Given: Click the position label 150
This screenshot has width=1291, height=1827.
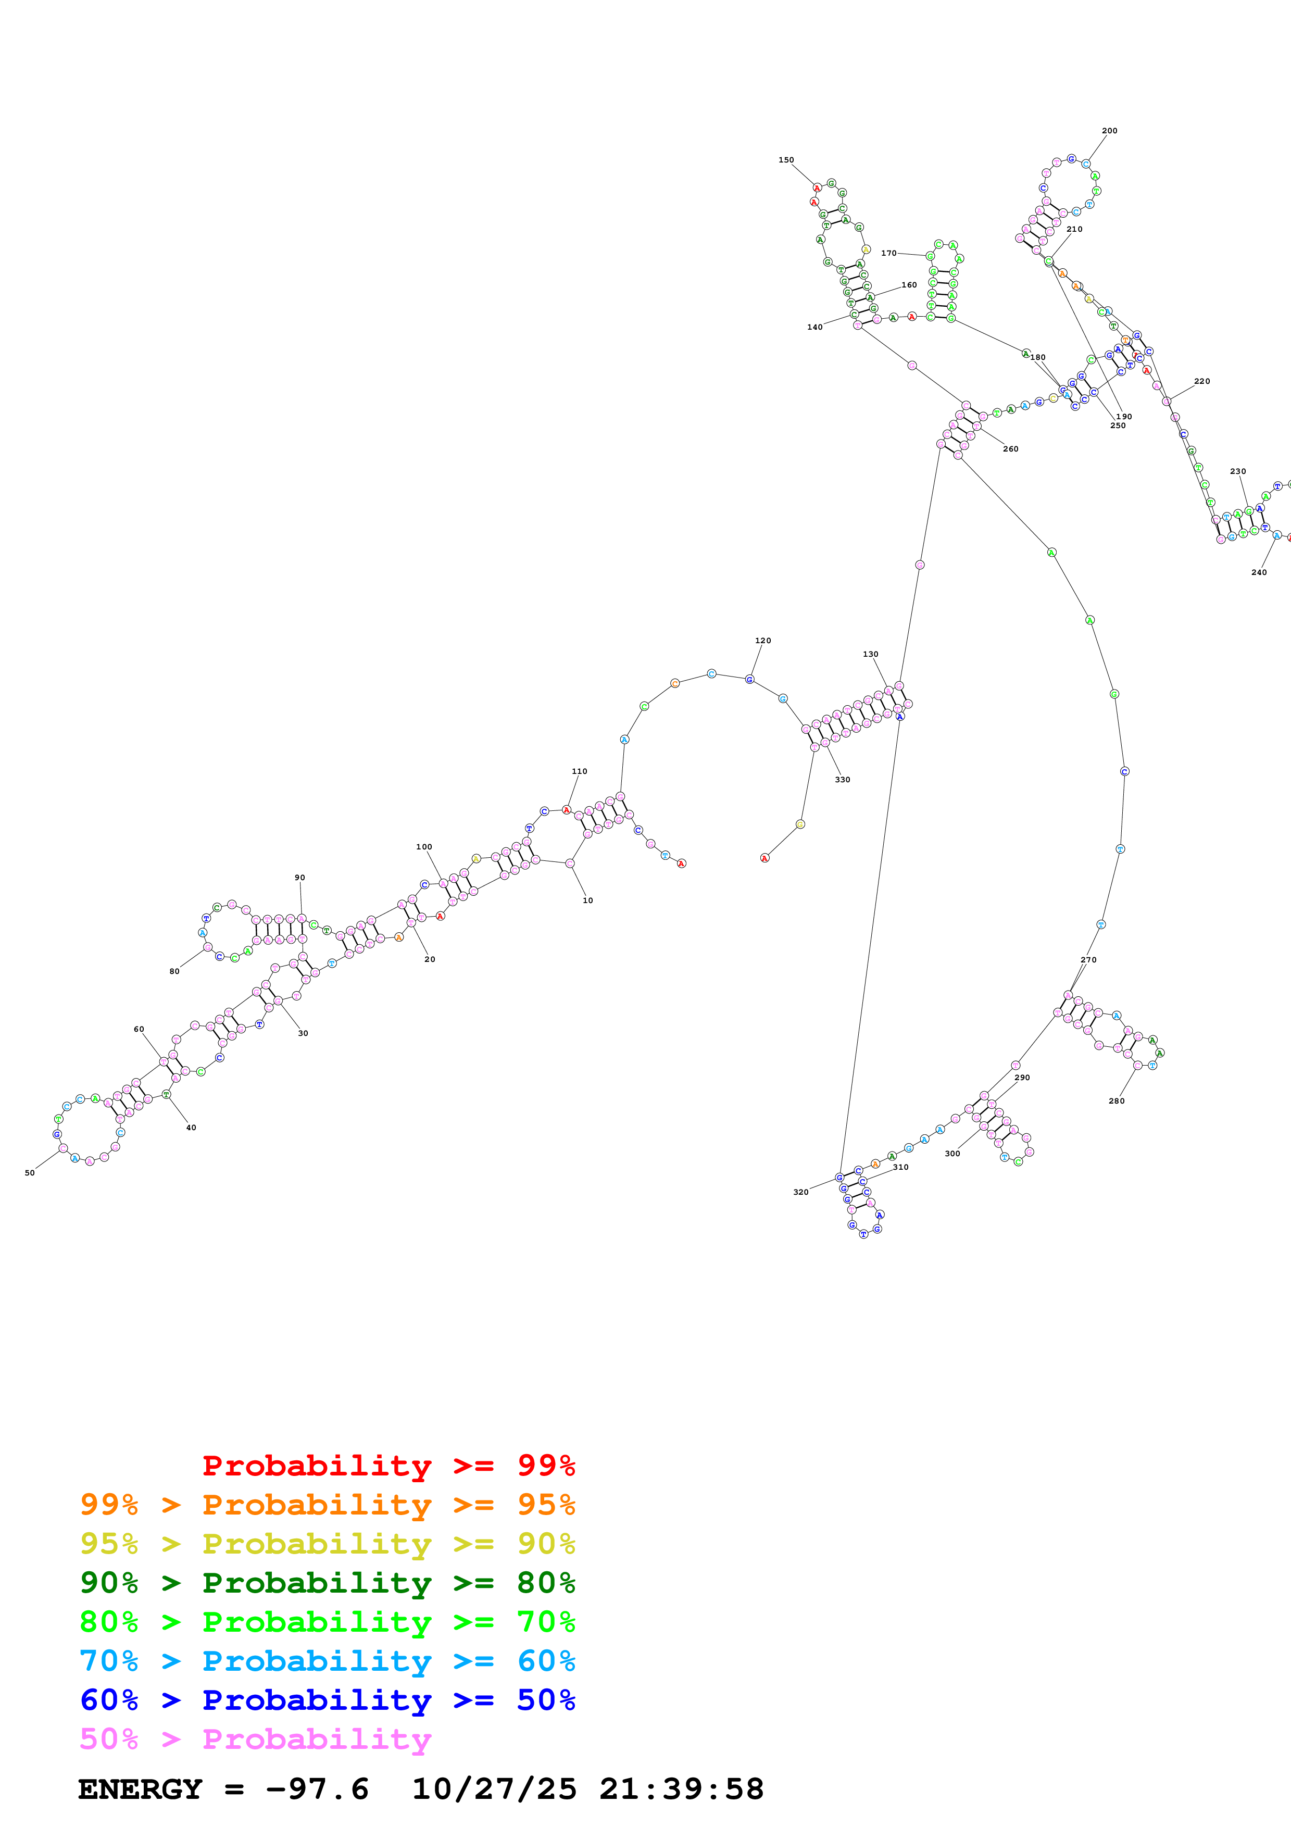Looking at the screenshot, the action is (x=786, y=160).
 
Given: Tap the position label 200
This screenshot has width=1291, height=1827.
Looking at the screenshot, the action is (x=1109, y=131).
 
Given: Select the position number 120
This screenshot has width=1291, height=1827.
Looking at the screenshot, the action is (x=762, y=641).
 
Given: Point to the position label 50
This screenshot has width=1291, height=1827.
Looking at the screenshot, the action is (x=30, y=1173).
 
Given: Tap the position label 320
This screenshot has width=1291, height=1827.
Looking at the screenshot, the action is (x=800, y=1192).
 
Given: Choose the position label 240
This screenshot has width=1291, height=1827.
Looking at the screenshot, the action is (x=1258, y=572).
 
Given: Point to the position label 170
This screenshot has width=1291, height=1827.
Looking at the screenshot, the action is (x=888, y=253).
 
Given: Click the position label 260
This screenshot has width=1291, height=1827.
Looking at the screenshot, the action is (x=1010, y=449).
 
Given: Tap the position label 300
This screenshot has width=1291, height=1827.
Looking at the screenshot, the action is (x=951, y=1154).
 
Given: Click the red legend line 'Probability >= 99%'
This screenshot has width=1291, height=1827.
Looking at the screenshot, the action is (x=388, y=1465).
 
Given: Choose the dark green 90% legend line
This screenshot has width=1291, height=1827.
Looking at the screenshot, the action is (x=327, y=1583).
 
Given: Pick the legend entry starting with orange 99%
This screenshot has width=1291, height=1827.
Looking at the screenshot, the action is (x=327, y=1505).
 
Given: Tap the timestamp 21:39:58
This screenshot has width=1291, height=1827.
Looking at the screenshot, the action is (x=681, y=1790).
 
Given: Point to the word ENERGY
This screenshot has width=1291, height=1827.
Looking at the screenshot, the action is (x=140, y=1790).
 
